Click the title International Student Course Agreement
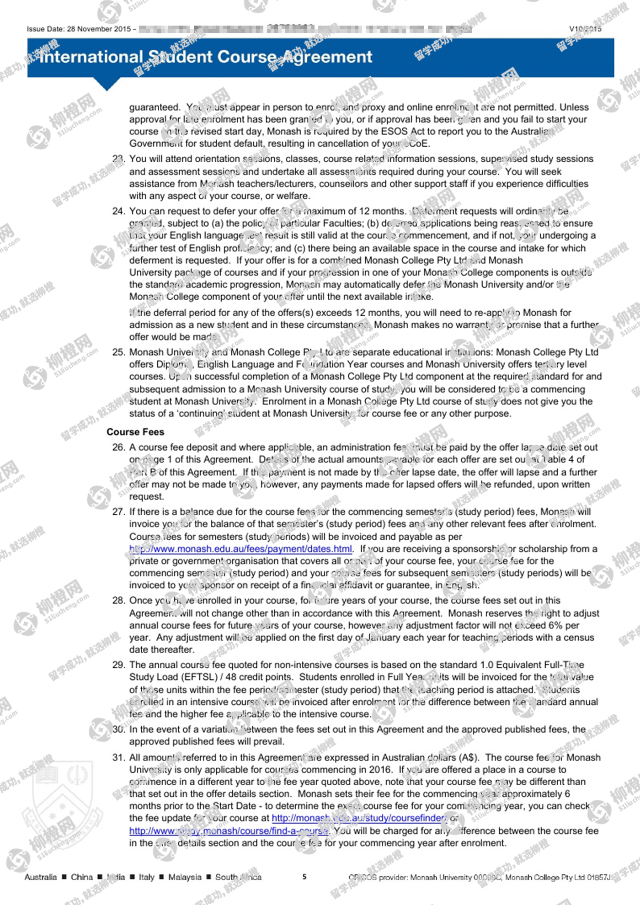[x=206, y=57]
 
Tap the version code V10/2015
[x=585, y=29]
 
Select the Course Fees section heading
[x=135, y=432]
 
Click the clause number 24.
[x=118, y=211]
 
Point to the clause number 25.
[x=118, y=352]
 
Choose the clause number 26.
[x=118, y=447]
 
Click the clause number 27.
[x=118, y=512]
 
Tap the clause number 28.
[x=118, y=601]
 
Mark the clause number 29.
[x=118, y=665]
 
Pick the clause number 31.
[x=118, y=758]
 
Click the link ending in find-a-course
[x=229, y=830]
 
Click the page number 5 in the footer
[x=304, y=877]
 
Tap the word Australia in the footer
[x=41, y=877]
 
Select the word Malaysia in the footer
[x=185, y=877]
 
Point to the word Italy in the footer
[x=147, y=877]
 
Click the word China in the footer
[x=82, y=877]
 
